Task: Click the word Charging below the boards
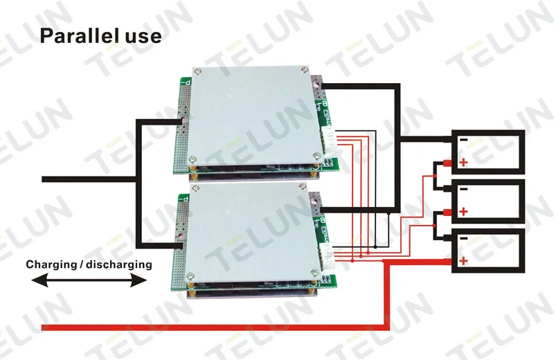(x=46, y=264)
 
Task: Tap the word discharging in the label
(x=119, y=264)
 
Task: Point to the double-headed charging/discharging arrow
(x=89, y=281)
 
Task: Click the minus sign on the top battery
(x=464, y=140)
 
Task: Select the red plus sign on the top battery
(x=463, y=163)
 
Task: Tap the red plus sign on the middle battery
(x=463, y=212)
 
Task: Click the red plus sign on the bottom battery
(x=463, y=261)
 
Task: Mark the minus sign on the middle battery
(x=464, y=190)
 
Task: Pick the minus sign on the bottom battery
(x=464, y=238)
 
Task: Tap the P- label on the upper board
(x=186, y=82)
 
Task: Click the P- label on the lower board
(x=184, y=199)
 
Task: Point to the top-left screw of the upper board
(x=199, y=71)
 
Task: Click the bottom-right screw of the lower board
(x=314, y=272)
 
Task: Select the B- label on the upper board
(x=324, y=105)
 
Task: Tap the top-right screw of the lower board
(x=303, y=186)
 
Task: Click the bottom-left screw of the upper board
(x=193, y=159)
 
